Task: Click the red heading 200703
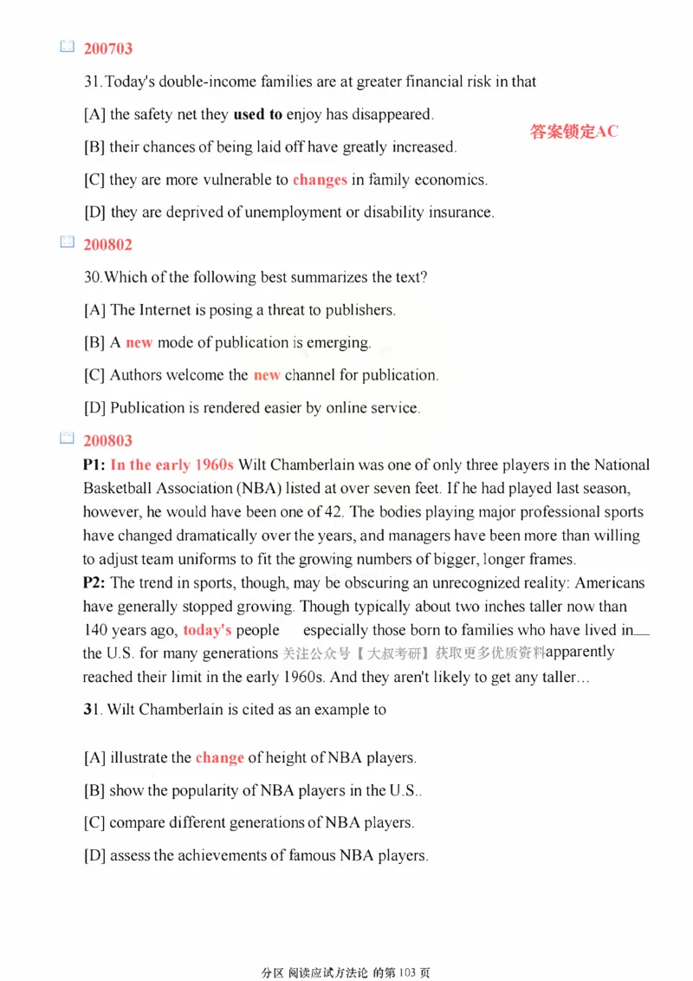pyautogui.click(x=107, y=49)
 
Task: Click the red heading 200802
pyautogui.click(x=107, y=245)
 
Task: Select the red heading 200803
pyautogui.click(x=107, y=442)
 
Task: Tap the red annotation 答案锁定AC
pyautogui.click(x=574, y=132)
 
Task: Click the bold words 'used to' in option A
pyautogui.click(x=257, y=114)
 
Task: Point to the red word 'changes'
pyautogui.click(x=320, y=180)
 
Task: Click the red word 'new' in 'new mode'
pyautogui.click(x=139, y=343)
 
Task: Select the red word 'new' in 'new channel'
pyautogui.click(x=266, y=376)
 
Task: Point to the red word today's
pyautogui.click(x=208, y=630)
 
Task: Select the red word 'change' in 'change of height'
pyautogui.click(x=219, y=757)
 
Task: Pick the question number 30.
pyautogui.click(x=92, y=278)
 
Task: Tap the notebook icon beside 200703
pyautogui.click(x=67, y=49)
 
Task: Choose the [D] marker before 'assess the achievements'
pyautogui.click(x=95, y=855)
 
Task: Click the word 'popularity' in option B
pyautogui.click(x=190, y=790)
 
